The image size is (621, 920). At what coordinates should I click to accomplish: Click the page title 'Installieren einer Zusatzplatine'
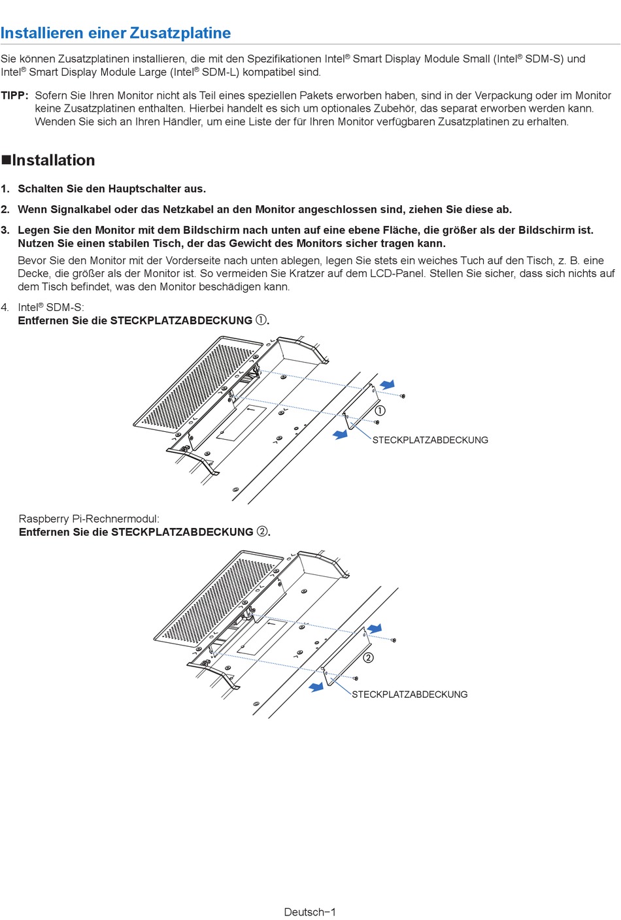point(116,33)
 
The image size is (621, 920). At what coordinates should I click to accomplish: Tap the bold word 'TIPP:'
point(14,95)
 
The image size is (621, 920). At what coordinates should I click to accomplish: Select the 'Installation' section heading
point(53,160)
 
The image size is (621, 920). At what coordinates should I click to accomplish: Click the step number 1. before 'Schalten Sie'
point(5,189)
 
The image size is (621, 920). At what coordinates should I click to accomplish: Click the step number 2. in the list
point(5,210)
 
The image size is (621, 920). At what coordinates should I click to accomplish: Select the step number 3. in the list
point(5,230)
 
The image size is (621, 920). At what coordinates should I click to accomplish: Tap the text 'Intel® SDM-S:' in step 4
point(51,307)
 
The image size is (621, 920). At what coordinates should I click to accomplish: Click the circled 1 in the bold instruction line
point(261,320)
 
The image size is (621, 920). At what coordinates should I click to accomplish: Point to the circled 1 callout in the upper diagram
point(380,410)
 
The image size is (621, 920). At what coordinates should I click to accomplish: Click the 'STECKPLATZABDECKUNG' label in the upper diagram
point(430,440)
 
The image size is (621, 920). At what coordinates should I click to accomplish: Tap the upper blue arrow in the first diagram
point(388,384)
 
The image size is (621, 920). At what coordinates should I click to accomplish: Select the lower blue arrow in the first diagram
point(341,434)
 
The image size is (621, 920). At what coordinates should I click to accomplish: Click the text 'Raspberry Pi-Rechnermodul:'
point(89,519)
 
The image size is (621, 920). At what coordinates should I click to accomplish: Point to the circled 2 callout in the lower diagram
point(369,657)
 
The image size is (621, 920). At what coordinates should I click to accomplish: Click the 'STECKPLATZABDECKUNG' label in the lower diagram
point(410,695)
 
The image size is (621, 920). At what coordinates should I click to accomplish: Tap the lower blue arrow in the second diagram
point(316,687)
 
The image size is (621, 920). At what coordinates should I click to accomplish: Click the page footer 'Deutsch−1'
point(310,912)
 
